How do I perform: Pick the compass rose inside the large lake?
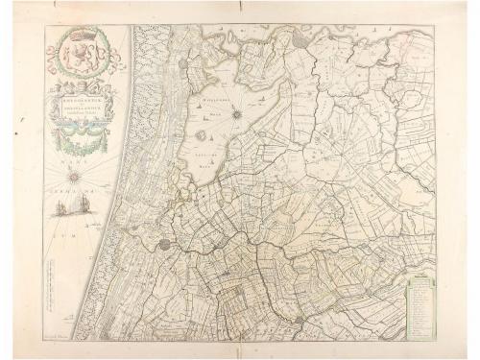(x=233, y=115)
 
